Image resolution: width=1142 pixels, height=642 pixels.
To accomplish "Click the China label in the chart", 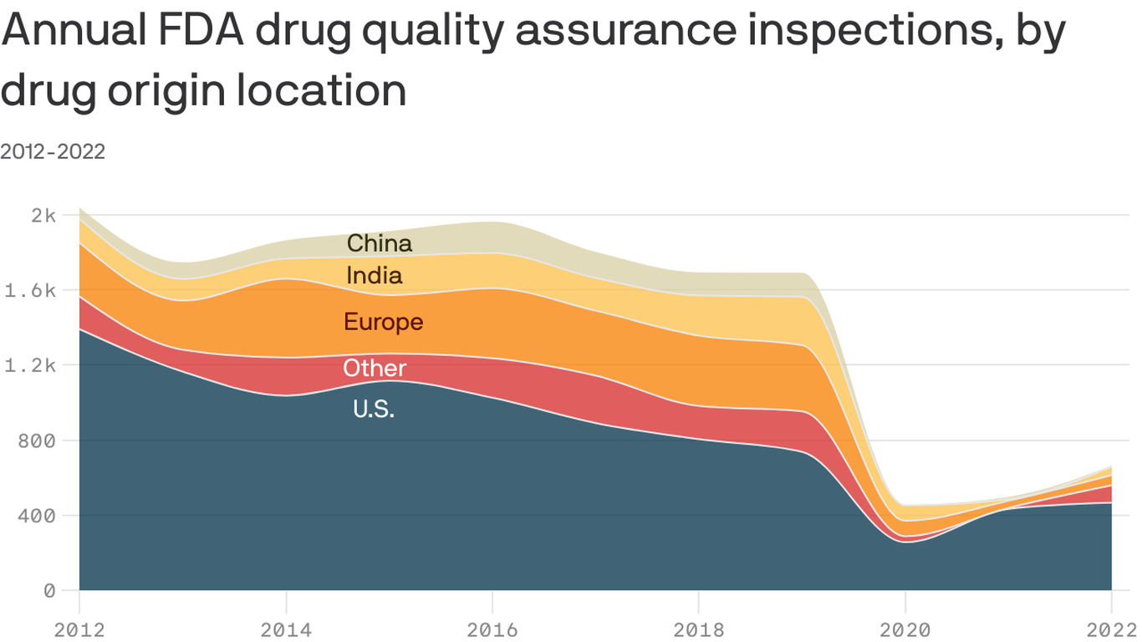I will click(379, 243).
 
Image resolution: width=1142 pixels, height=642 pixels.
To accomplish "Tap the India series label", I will click(374, 275).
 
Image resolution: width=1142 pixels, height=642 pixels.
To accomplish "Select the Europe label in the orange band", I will click(383, 322).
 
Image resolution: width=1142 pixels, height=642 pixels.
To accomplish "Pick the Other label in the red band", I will click(375, 368).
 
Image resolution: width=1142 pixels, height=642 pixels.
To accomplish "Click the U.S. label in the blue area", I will click(373, 410).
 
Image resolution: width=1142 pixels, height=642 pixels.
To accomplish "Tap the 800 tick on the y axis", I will click(36, 441).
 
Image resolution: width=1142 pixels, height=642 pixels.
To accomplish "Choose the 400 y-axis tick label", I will click(36, 516).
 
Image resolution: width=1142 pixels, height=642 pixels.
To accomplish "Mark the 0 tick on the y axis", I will click(48, 591).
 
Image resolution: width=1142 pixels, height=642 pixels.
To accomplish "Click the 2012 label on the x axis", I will click(79, 629).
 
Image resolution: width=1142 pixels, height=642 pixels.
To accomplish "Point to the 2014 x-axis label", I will click(286, 629).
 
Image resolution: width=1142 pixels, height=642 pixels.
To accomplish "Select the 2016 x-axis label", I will click(492, 629).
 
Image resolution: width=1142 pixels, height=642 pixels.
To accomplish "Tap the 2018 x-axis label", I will click(699, 629).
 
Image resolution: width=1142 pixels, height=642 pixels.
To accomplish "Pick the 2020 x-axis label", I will click(905, 629).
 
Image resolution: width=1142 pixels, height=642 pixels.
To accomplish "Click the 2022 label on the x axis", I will click(1111, 629).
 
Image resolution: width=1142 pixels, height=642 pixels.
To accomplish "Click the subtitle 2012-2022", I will click(53, 151).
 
